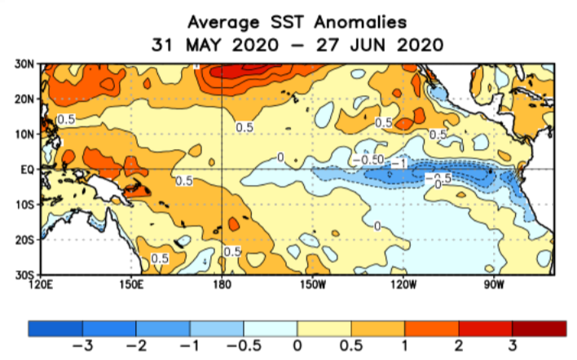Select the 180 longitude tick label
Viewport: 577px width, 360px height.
pyautogui.click(x=222, y=284)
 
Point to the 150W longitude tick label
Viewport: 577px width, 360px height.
pyautogui.click(x=312, y=284)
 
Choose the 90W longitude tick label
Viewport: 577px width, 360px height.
pyautogui.click(x=493, y=284)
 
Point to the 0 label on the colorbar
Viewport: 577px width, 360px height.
pyautogui.click(x=297, y=347)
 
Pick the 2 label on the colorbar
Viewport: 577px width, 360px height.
pyautogui.click(x=459, y=347)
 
